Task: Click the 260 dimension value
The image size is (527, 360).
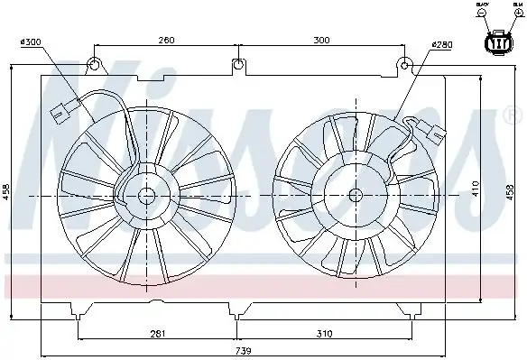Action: [165, 39]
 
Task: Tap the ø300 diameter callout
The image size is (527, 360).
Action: [32, 42]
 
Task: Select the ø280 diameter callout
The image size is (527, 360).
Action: [441, 44]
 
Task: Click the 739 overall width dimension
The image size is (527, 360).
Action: [243, 350]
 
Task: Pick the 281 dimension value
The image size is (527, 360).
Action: [158, 334]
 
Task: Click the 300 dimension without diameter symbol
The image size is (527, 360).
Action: [320, 39]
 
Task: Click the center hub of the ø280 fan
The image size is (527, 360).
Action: [355, 194]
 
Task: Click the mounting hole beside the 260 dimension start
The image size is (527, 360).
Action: [95, 64]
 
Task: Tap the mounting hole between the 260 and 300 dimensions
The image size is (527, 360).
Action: [236, 64]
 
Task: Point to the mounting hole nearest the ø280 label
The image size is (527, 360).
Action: [406, 64]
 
